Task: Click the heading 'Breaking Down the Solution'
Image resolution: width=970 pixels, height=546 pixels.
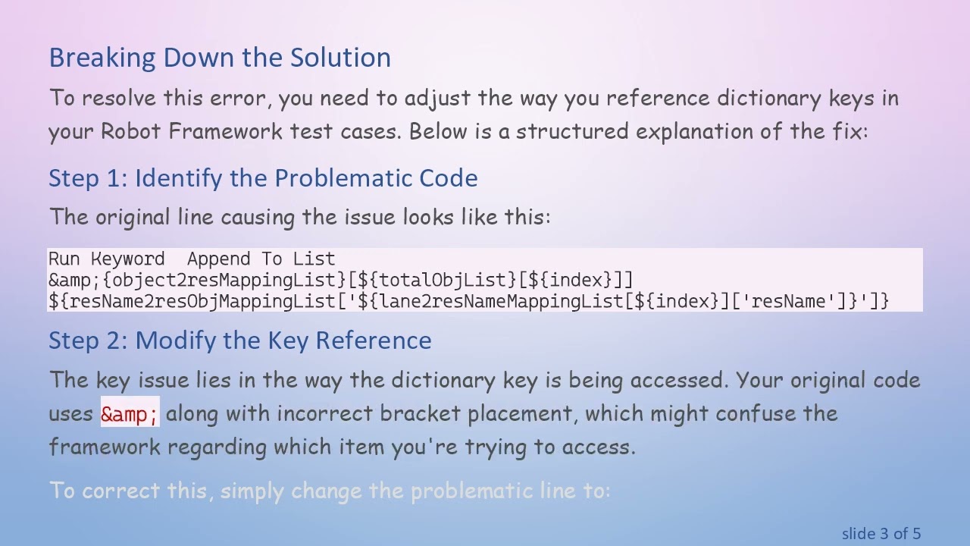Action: pos(220,58)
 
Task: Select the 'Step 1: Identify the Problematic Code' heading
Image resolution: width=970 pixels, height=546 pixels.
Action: pos(263,178)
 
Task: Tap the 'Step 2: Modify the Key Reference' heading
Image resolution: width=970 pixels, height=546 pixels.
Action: pos(239,340)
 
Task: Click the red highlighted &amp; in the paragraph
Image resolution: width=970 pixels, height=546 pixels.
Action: pos(130,414)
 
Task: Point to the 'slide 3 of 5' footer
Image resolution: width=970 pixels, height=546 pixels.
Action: pos(881,534)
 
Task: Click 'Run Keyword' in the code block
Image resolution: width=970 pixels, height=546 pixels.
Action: pos(106,259)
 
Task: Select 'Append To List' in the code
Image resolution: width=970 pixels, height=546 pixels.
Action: pos(261,259)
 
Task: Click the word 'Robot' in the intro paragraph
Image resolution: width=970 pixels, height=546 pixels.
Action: pos(130,131)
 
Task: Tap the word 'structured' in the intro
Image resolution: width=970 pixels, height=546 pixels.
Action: pos(572,131)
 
